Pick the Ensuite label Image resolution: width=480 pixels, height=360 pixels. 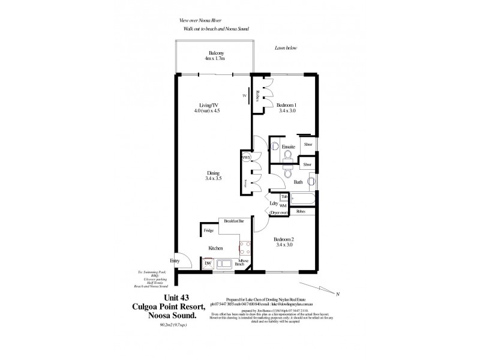(289, 146)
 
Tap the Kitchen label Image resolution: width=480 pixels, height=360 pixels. (215, 248)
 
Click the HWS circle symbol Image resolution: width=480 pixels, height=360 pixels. (246, 157)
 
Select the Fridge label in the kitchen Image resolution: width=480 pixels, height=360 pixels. (209, 230)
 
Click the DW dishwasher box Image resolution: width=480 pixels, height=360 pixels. (208, 263)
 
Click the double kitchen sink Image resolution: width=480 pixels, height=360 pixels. (227, 263)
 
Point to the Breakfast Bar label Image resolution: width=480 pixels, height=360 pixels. (234, 221)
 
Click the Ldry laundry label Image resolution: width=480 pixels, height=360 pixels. (274, 203)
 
